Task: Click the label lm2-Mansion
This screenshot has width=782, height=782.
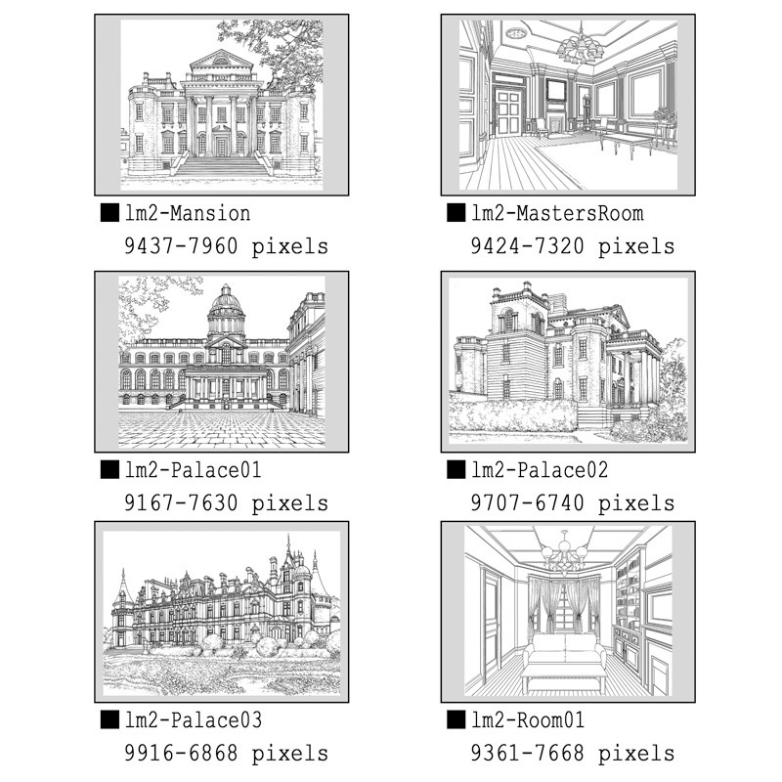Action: coord(188,213)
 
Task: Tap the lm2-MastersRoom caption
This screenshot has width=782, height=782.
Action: coord(557,213)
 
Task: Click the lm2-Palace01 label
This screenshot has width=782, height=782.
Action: coord(193,470)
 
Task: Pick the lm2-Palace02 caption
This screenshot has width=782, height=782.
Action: coord(540,470)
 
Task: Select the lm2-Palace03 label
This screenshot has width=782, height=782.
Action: coord(193,720)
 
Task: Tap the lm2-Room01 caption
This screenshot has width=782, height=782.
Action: coord(528,720)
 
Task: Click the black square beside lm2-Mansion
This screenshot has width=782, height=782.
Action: coord(109,212)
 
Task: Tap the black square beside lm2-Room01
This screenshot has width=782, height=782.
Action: coord(456,719)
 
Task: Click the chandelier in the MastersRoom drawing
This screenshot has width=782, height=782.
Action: coord(581,46)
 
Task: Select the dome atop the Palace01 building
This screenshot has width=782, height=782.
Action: coord(227,302)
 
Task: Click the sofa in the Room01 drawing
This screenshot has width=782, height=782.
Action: coord(565,648)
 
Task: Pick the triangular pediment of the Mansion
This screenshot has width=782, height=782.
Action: coord(222,61)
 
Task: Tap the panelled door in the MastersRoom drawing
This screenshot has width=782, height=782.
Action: coord(508,112)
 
